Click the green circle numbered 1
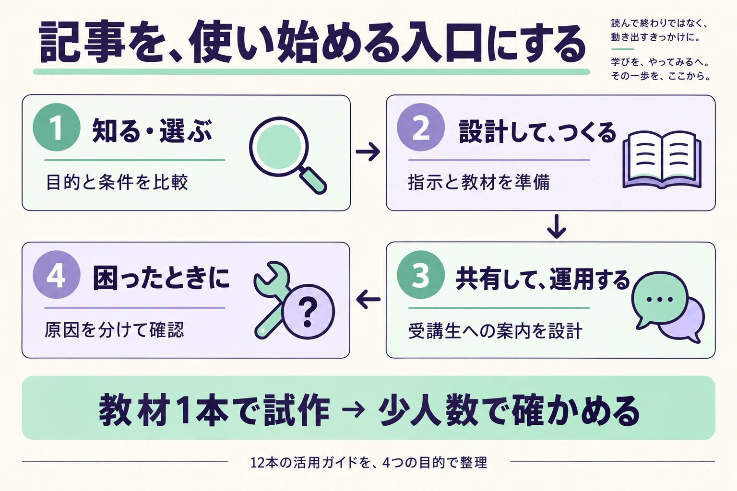tap(57, 127)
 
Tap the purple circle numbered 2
tap(421, 127)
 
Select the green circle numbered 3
tap(421, 275)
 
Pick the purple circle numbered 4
tap(57, 275)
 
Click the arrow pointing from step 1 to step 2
tap(368, 152)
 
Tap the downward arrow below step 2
tap(557, 226)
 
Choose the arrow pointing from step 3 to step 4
tap(368, 299)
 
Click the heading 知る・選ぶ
tap(152, 131)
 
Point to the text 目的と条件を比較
tap(117, 182)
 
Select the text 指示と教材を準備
tap(479, 182)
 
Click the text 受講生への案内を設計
tap(496, 331)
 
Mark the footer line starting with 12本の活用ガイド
tap(368, 463)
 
